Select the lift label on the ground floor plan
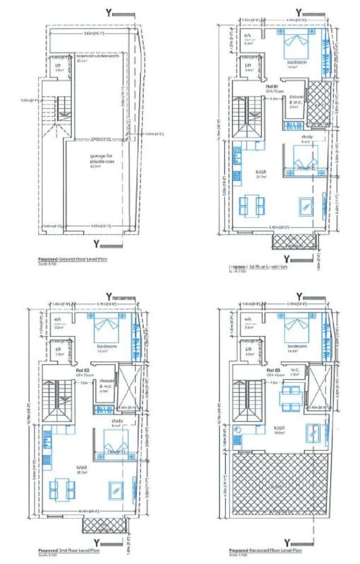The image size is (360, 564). pos(58,65)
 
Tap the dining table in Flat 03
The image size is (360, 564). pos(291,395)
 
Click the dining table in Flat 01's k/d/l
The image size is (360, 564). pos(251,206)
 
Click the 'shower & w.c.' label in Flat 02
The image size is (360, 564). pos(104,386)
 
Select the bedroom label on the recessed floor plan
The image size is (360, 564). pos(297,345)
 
